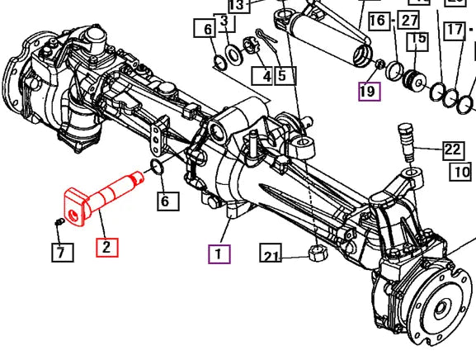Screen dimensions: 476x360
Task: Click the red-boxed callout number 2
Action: click(x=107, y=248)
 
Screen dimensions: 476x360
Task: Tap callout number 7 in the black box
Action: click(x=62, y=253)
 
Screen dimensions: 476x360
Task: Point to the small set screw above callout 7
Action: click(x=59, y=222)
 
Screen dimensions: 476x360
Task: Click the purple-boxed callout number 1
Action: click(x=219, y=254)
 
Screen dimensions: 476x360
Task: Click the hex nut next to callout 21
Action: click(x=317, y=253)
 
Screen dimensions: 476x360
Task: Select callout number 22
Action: click(x=454, y=150)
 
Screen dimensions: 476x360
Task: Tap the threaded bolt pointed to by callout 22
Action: click(x=407, y=142)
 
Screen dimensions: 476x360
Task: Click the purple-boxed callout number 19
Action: click(x=369, y=91)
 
